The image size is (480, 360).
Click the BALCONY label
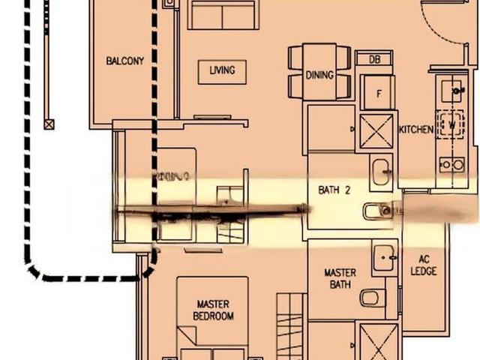(x=124, y=61)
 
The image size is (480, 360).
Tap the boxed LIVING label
(x=222, y=70)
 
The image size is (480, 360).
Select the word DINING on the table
(x=319, y=75)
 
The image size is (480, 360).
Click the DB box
(x=374, y=59)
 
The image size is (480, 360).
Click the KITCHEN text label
(x=415, y=130)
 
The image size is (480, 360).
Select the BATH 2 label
(x=334, y=190)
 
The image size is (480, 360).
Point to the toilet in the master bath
(x=370, y=298)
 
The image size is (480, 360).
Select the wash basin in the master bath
(x=384, y=259)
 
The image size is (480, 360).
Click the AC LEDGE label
(x=424, y=265)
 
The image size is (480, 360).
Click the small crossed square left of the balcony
(x=49, y=124)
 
